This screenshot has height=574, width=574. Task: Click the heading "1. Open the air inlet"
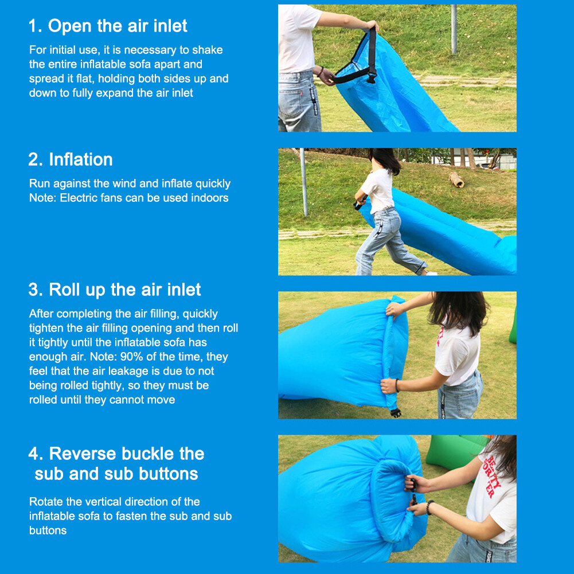(108, 26)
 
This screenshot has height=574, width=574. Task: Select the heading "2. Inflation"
(71, 159)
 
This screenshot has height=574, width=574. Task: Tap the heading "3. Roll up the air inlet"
(115, 290)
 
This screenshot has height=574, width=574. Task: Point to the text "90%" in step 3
(131, 357)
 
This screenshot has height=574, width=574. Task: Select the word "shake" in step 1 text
(208, 50)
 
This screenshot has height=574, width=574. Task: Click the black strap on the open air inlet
(372, 55)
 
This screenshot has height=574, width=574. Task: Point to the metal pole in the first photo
(454, 29)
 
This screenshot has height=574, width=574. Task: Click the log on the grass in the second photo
(456, 179)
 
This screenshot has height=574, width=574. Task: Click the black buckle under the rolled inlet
(395, 412)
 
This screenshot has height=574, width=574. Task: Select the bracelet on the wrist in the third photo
(397, 385)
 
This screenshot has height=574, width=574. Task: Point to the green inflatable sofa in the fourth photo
(454, 451)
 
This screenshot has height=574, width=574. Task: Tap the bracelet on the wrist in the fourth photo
(429, 507)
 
